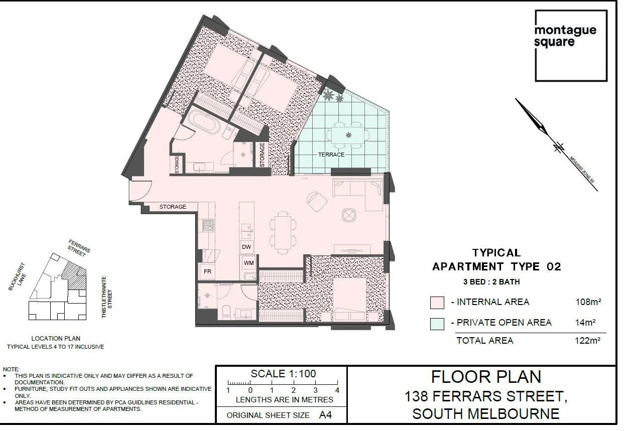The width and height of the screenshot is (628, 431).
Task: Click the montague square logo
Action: coord(571,46)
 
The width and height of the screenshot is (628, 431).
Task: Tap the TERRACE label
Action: coord(331,155)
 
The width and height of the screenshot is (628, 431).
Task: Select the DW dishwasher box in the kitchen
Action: coord(246,247)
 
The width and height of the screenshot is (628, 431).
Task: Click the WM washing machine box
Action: coord(248,263)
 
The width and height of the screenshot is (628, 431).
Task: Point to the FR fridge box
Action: coord(207,271)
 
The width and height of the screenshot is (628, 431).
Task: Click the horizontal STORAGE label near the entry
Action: coord(173,207)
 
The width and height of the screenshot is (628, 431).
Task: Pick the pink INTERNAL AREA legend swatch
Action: coord(437,303)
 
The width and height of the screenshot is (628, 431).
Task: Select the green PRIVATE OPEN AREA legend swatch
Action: coord(437,323)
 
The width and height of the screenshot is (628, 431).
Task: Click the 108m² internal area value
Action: coord(588,302)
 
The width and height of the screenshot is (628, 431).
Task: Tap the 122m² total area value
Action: coord(588,341)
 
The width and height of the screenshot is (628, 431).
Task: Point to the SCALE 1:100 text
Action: coord(283,374)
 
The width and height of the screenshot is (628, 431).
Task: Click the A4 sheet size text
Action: coord(325,415)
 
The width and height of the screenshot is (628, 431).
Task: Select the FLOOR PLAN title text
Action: coord(486,377)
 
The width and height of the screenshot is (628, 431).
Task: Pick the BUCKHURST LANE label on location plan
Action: coord(17,277)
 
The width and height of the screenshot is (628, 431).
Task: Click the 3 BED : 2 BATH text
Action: coord(491,282)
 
